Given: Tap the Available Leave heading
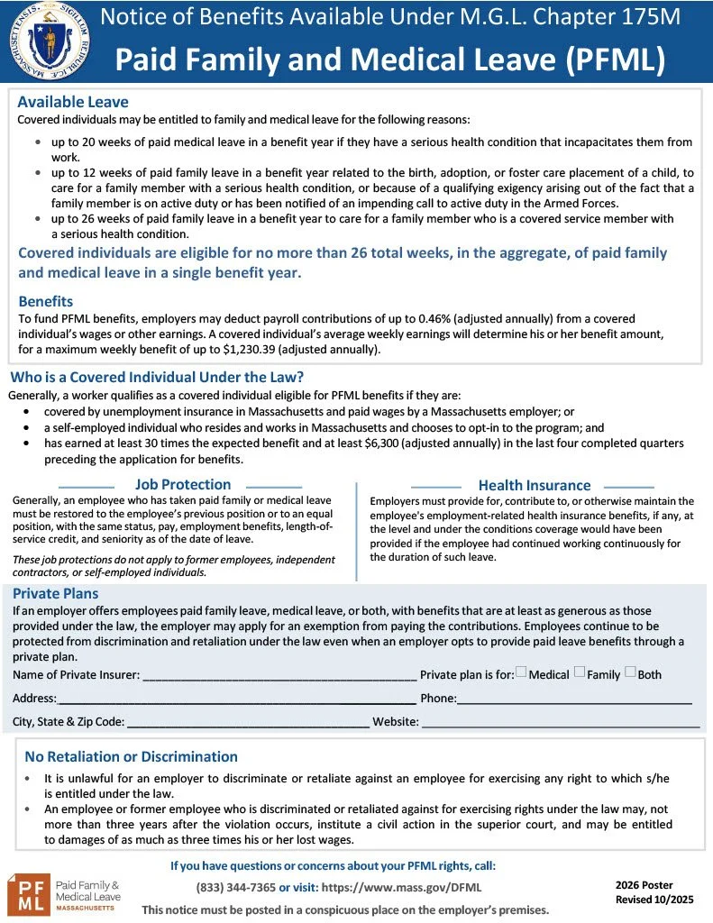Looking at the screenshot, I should coord(73,102).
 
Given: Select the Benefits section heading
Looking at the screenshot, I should coord(45,301).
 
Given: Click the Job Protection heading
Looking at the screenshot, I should coord(183,484).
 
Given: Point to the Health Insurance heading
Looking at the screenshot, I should coord(535,485).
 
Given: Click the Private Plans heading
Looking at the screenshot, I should coord(56,593).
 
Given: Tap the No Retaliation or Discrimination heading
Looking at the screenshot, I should coord(131,756).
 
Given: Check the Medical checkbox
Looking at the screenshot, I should coord(521,672).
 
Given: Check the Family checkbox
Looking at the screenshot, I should coord(580,672).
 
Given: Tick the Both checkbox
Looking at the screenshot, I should coord(630,672).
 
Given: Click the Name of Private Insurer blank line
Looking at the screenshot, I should coord(279,676).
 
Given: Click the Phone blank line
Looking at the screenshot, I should coord(574,699).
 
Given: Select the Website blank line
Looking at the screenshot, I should coord(561,723).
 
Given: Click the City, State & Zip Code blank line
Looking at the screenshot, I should coord(247,723).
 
